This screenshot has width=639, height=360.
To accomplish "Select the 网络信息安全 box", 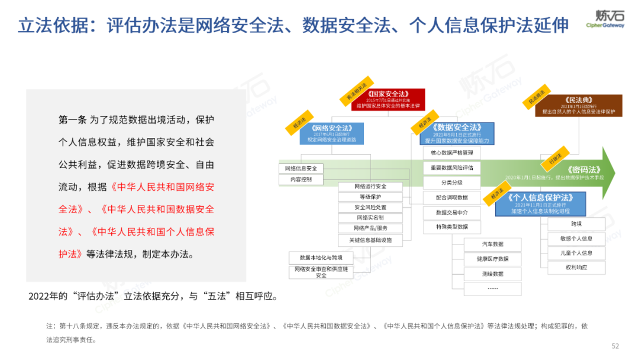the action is (301, 168).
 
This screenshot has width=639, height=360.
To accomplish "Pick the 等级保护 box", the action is (370, 197).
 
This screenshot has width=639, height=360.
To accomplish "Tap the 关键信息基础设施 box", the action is (370, 240).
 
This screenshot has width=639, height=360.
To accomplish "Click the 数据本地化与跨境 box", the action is (321, 258).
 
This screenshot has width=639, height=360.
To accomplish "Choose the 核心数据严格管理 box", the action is (452, 153).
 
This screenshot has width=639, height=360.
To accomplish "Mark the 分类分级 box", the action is (452, 182).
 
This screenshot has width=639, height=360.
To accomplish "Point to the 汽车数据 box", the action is (492, 244).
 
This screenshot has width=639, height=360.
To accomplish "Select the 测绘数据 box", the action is (492, 274).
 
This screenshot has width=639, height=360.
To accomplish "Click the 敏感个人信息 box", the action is (576, 239).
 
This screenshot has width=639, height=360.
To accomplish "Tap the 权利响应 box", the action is (576, 268).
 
